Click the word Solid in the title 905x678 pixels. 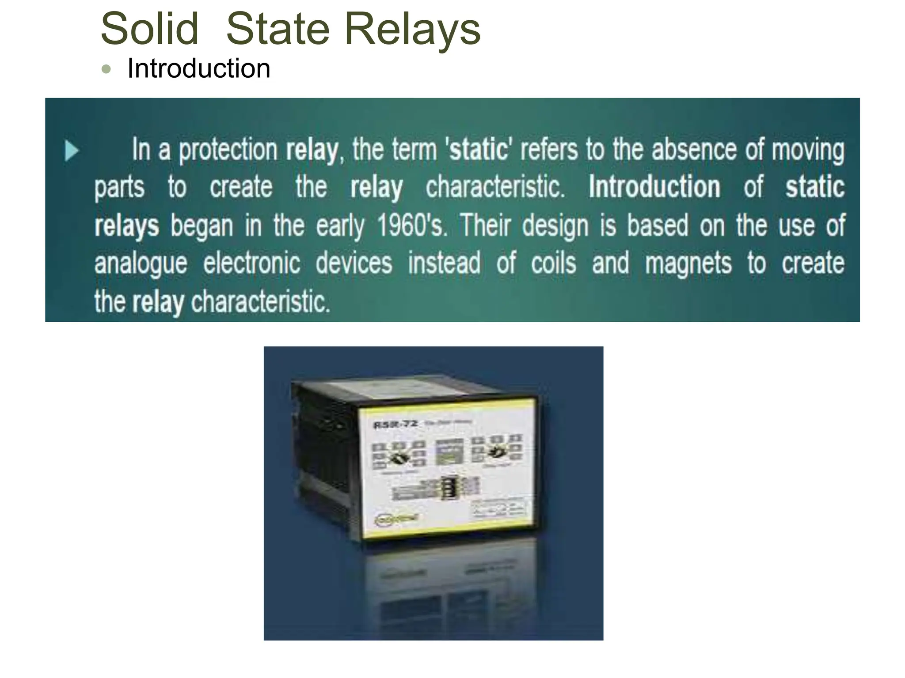149,29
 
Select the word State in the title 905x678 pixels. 278,29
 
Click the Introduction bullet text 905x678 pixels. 198,69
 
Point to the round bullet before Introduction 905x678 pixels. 106,69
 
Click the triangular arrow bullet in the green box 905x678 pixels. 71,151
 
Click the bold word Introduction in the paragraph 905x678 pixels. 654,187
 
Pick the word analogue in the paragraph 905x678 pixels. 141,264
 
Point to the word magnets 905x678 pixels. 688,264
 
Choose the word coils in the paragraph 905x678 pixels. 553,263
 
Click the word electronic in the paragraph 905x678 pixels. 251,264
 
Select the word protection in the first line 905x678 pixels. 228,150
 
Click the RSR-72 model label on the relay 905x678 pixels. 395,425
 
